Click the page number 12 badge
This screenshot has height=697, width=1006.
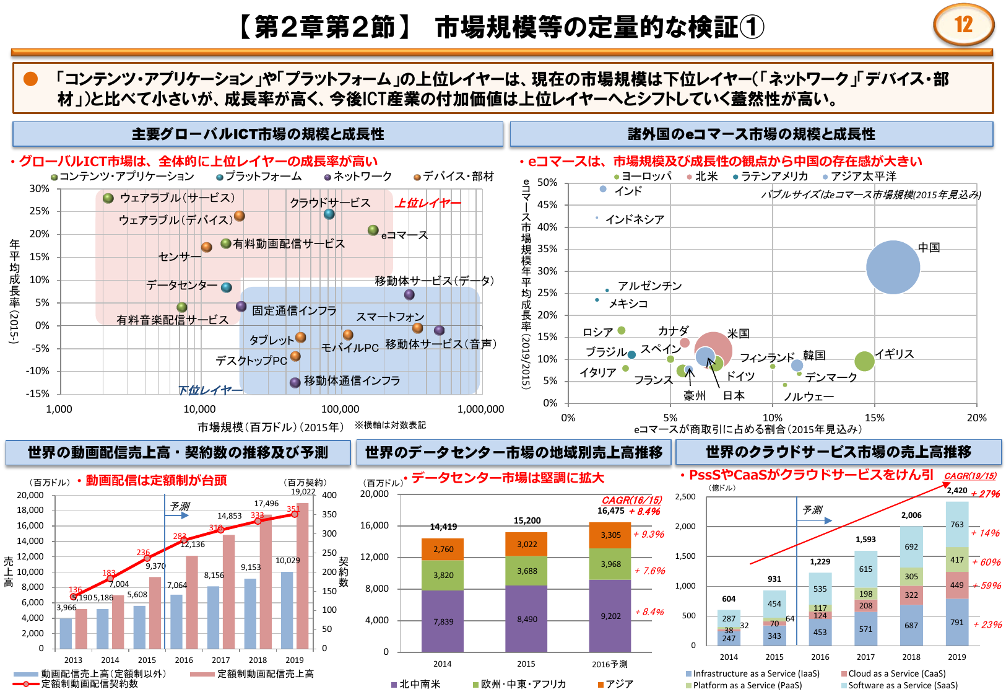[x=963, y=25]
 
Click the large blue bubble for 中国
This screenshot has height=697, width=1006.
[x=893, y=267]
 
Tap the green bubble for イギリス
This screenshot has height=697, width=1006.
[x=864, y=361]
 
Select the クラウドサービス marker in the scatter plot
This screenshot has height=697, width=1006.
[x=329, y=214]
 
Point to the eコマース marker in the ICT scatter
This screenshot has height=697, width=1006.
[x=373, y=230]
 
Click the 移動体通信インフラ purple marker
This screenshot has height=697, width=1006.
[x=295, y=382]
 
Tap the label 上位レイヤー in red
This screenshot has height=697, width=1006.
[x=428, y=203]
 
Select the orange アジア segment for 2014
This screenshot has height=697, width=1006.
[x=443, y=549]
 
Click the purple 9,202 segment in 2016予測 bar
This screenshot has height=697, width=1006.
[x=610, y=616]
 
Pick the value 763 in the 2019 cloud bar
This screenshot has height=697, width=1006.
[x=956, y=524]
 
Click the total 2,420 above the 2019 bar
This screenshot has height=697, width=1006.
[x=956, y=490]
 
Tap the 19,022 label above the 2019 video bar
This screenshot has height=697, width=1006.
[x=303, y=492]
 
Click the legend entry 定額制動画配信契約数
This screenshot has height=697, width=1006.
[x=89, y=684]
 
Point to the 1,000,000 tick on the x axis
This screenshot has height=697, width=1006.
[x=480, y=409]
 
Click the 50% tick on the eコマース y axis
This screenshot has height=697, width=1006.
[x=547, y=183]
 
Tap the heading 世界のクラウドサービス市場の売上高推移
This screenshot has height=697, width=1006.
[x=838, y=452]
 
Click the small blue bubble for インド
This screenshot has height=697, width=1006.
[x=603, y=189]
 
